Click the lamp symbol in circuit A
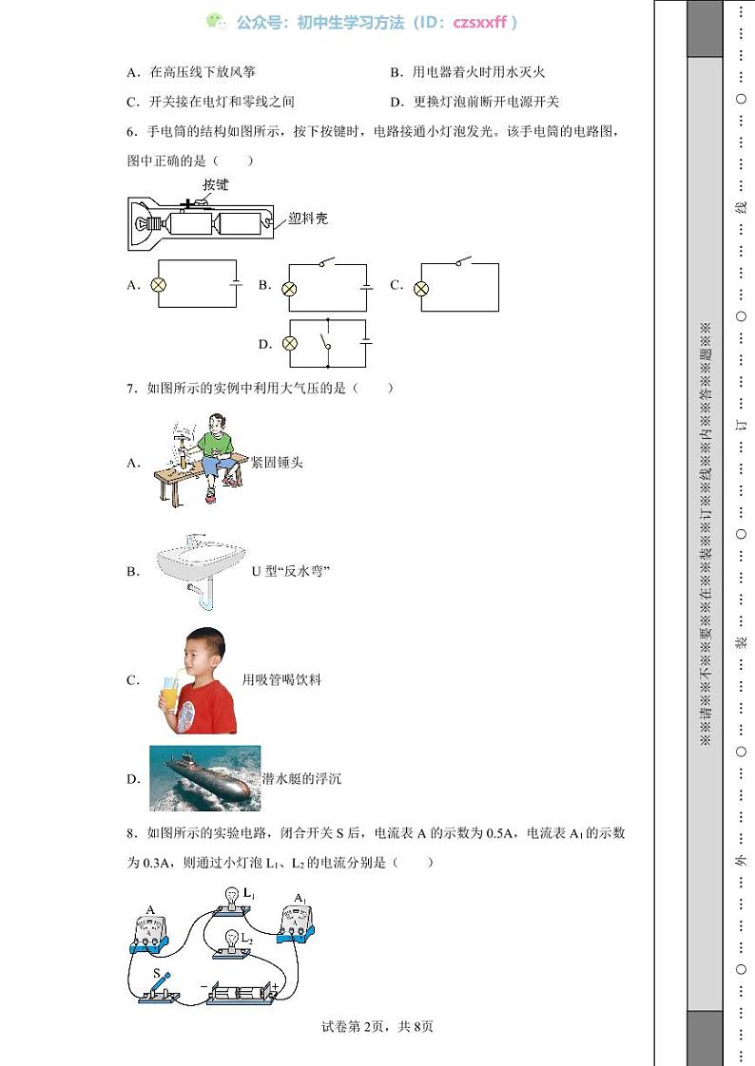[160, 284]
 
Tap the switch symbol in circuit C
[462, 262]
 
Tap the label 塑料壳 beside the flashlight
[308, 219]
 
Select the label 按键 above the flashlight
[216, 185]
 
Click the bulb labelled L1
[230, 897]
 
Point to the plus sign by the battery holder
[275, 987]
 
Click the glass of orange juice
[169, 695]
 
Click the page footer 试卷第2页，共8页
[377, 1026]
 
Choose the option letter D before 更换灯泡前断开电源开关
[395, 102]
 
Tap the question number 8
[130, 834]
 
